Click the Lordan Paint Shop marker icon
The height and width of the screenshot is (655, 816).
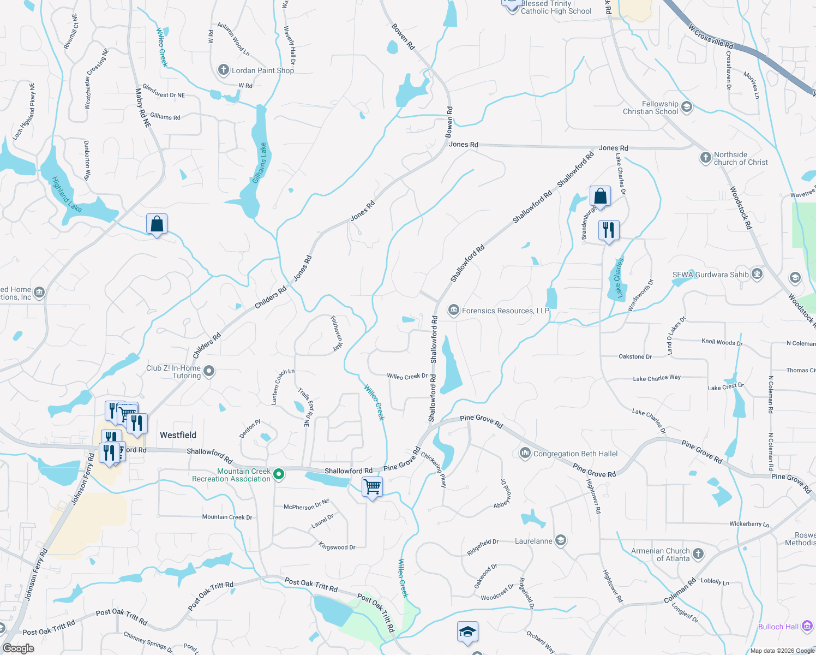coord(223,70)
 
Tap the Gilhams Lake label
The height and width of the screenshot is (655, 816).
coord(260,163)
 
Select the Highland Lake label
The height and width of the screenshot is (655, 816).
coord(67,194)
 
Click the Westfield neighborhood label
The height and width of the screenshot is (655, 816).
coord(178,435)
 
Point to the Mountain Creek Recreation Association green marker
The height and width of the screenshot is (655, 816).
coord(279,474)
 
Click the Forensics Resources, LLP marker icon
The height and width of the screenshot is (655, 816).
coord(453,311)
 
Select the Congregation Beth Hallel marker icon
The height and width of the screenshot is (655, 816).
coord(525,453)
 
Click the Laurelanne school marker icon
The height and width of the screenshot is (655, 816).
coord(561,540)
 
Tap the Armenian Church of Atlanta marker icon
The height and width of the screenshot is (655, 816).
coord(698,554)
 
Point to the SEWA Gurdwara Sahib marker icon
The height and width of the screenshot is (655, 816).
coord(757,274)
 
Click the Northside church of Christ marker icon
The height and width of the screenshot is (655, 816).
coord(706,158)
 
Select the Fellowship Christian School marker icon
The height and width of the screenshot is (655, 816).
coord(687,107)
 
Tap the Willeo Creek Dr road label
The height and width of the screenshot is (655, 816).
coord(407,376)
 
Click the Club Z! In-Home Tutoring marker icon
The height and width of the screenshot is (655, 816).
coord(208,372)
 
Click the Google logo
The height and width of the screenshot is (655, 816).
coord(18,648)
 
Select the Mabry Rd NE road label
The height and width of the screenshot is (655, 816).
coord(143,108)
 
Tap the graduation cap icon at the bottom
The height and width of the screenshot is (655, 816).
coord(467,632)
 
